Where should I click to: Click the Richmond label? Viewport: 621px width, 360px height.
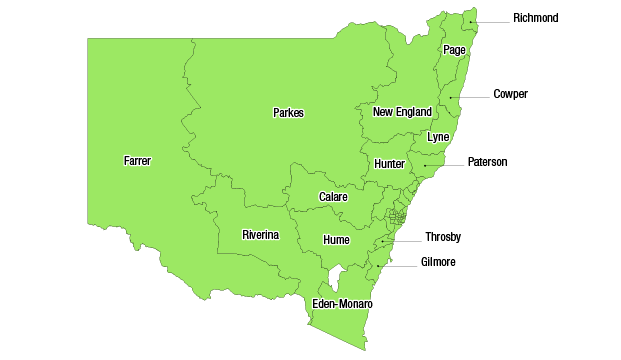tap(535, 18)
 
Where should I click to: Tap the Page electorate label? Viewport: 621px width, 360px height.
tap(454, 49)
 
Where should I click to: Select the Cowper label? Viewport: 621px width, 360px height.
tap(510, 94)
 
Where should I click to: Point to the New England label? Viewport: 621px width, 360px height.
tap(402, 112)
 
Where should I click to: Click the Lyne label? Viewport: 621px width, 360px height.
tap(438, 136)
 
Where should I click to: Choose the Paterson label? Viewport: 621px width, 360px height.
tap(487, 162)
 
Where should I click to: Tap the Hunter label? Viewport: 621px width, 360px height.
tap(389, 164)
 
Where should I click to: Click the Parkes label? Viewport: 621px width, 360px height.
tap(288, 113)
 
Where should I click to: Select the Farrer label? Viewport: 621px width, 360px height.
tap(138, 160)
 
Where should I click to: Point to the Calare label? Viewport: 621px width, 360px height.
tap(333, 197)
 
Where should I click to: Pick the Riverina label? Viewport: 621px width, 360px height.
tap(260, 235)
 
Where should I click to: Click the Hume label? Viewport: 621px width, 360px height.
tap(336, 240)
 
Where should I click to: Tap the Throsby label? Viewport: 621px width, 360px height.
tap(443, 237)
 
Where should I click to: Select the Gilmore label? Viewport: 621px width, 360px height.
tap(437, 262)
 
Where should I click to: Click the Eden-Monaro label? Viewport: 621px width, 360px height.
tap(342, 303)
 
